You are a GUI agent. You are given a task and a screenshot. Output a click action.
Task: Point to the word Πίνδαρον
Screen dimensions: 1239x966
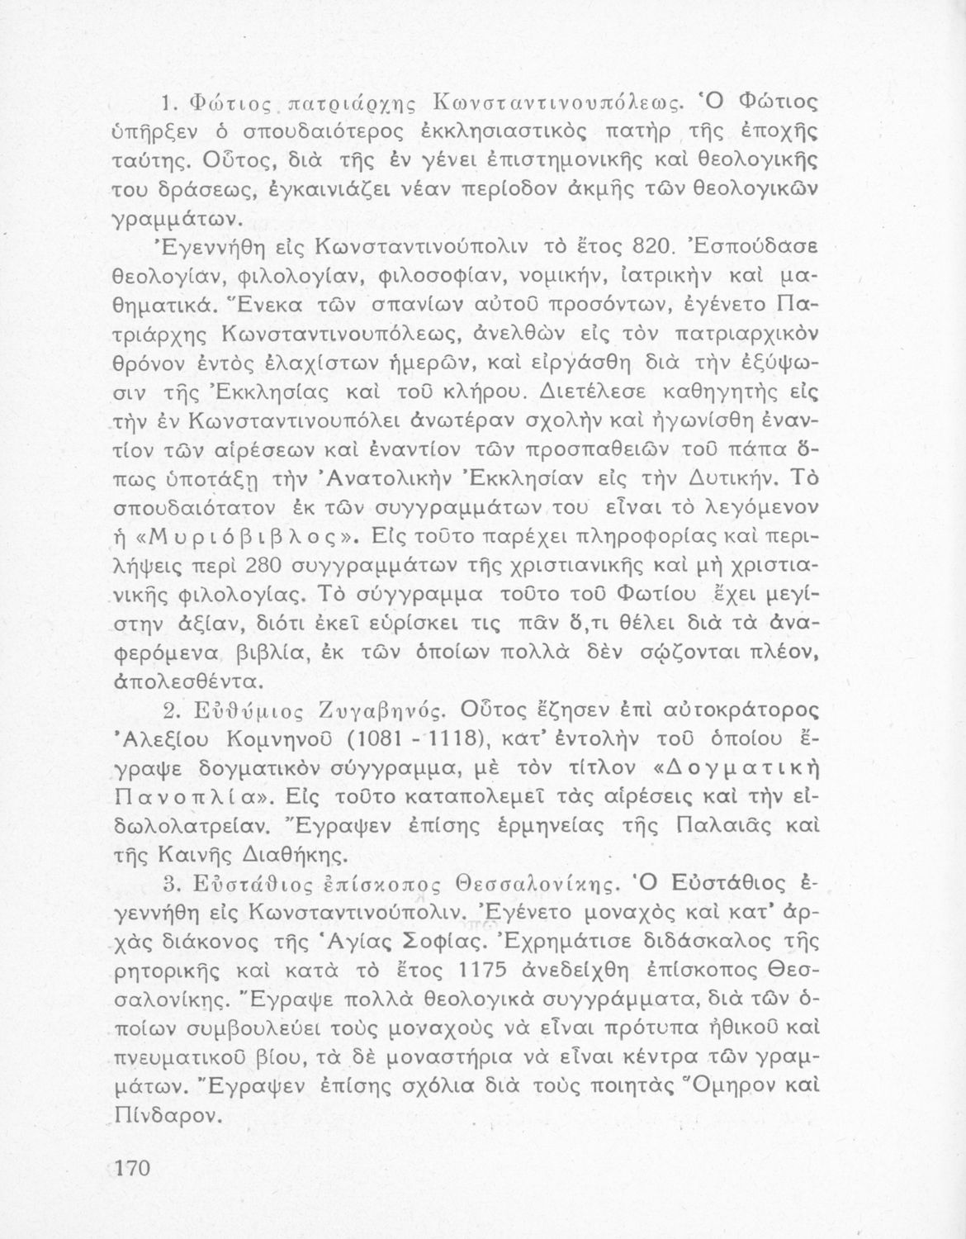[168, 1114]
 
